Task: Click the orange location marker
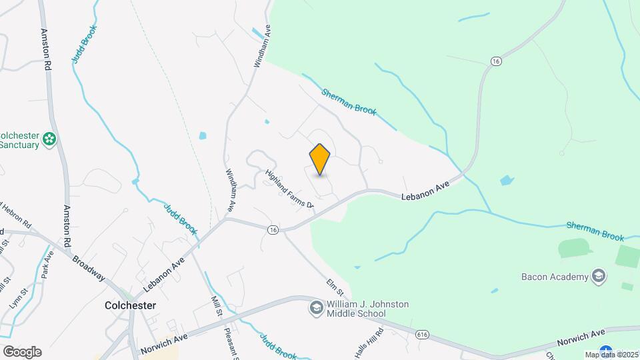point(320,159)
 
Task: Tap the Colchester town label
point(130,305)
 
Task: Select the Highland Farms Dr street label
point(289,188)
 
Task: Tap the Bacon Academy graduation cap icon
point(599,276)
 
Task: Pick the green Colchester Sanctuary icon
point(49,139)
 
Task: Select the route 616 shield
point(421,334)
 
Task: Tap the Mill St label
point(216,307)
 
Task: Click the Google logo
point(21,352)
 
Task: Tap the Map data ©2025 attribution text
point(611,355)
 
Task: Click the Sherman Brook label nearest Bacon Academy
point(595,232)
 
